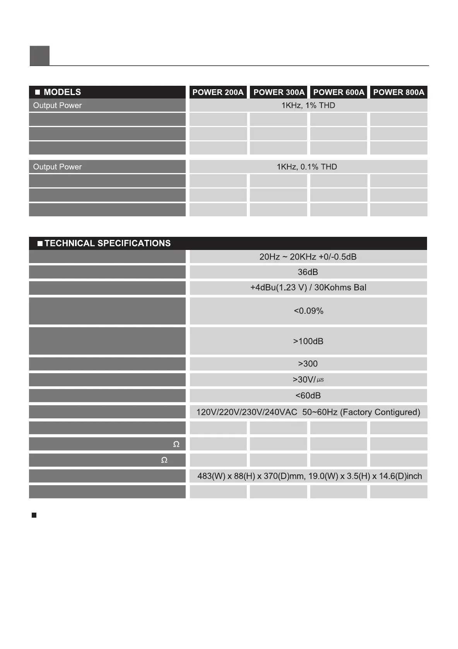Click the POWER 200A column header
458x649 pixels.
[218, 92]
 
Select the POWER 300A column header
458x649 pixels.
[279, 92]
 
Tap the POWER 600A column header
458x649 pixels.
[338, 92]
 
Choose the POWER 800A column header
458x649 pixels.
[398, 92]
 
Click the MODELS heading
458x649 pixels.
[62, 92]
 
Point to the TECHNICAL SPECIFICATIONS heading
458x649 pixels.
[108, 243]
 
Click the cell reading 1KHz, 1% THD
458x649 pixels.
[308, 105]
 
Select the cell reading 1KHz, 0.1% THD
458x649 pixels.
[307, 167]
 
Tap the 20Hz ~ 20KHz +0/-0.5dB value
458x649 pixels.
[308, 257]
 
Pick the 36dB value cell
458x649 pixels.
[308, 272]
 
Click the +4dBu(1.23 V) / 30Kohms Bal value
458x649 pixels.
[308, 288]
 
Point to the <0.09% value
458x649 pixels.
[308, 311]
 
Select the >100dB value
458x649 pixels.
[308, 341]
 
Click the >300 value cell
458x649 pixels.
[308, 364]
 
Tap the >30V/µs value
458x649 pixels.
[308, 380]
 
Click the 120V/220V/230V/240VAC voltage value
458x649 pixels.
[308, 412]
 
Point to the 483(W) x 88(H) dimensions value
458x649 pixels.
[309, 476]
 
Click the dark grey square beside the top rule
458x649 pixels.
[39, 56]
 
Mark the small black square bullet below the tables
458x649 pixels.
[34, 515]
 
